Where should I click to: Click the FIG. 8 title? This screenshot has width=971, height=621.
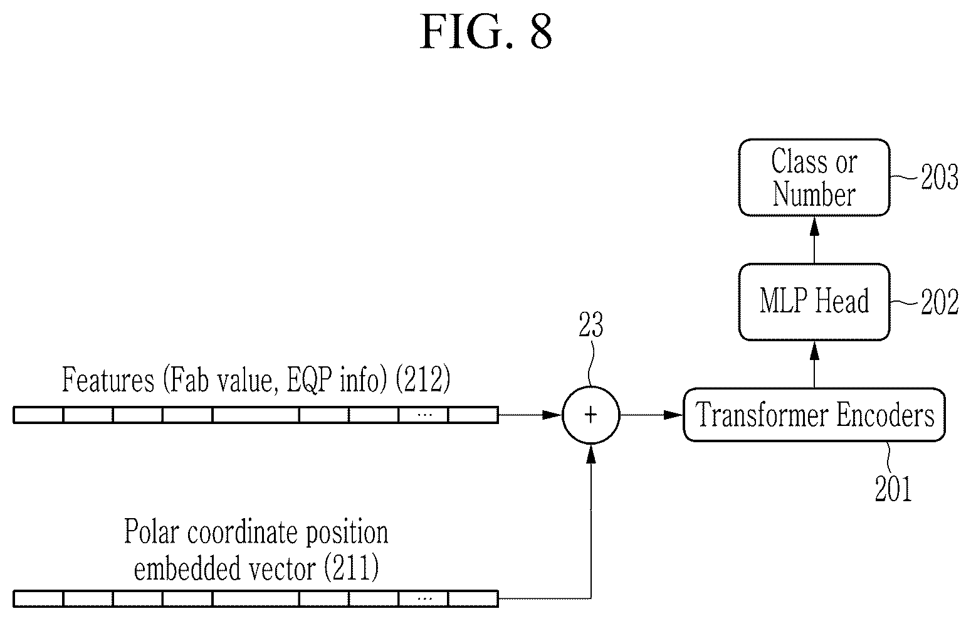[x=486, y=31]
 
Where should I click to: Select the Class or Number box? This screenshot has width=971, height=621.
[x=814, y=178]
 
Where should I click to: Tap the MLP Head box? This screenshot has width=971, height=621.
[x=814, y=302]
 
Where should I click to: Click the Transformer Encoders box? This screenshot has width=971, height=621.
[x=814, y=415]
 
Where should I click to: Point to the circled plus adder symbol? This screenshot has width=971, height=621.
[x=591, y=415]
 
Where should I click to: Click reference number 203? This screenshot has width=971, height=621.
[x=940, y=177]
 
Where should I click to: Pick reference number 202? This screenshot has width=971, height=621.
[x=940, y=302]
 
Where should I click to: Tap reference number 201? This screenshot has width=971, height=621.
[x=893, y=489]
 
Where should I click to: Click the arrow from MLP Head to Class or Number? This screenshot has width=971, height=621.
[x=814, y=240]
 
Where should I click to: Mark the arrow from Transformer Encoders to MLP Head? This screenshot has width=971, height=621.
[x=814, y=364]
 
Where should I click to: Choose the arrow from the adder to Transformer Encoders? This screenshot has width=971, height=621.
[x=651, y=415]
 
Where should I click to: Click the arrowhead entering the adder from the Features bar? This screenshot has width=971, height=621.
[x=552, y=415]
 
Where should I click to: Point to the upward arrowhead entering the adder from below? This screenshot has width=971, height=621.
[x=591, y=454]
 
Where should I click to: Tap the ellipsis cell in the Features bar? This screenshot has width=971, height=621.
[x=424, y=415]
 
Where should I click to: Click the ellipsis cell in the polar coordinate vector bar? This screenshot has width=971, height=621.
[x=424, y=599]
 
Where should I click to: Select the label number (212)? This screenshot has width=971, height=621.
[x=423, y=379]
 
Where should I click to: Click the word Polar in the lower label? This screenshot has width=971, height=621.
[x=151, y=531]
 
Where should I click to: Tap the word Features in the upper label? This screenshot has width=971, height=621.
[x=108, y=379]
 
